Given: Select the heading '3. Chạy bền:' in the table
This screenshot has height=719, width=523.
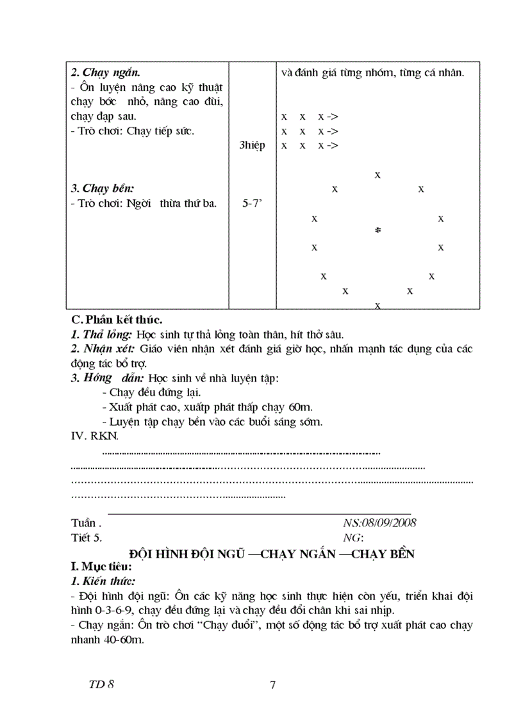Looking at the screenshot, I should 103,189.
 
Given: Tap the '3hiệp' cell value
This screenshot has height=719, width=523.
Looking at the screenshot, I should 252,145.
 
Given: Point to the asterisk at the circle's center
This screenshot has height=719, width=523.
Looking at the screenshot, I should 378,232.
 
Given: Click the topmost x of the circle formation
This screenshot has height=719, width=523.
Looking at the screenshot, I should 378,174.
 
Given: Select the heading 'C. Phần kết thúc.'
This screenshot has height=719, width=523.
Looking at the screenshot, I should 117,319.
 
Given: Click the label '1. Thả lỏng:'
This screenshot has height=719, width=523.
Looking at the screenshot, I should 101,334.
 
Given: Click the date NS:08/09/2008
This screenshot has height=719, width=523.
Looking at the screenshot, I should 379,522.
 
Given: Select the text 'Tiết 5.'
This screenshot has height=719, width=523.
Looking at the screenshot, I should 86,537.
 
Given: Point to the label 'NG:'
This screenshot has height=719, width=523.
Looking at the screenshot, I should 353,537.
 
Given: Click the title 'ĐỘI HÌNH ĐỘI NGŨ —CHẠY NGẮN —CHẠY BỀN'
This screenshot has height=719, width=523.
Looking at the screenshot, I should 271,554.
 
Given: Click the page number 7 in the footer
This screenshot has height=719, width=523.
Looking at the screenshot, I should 272,686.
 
